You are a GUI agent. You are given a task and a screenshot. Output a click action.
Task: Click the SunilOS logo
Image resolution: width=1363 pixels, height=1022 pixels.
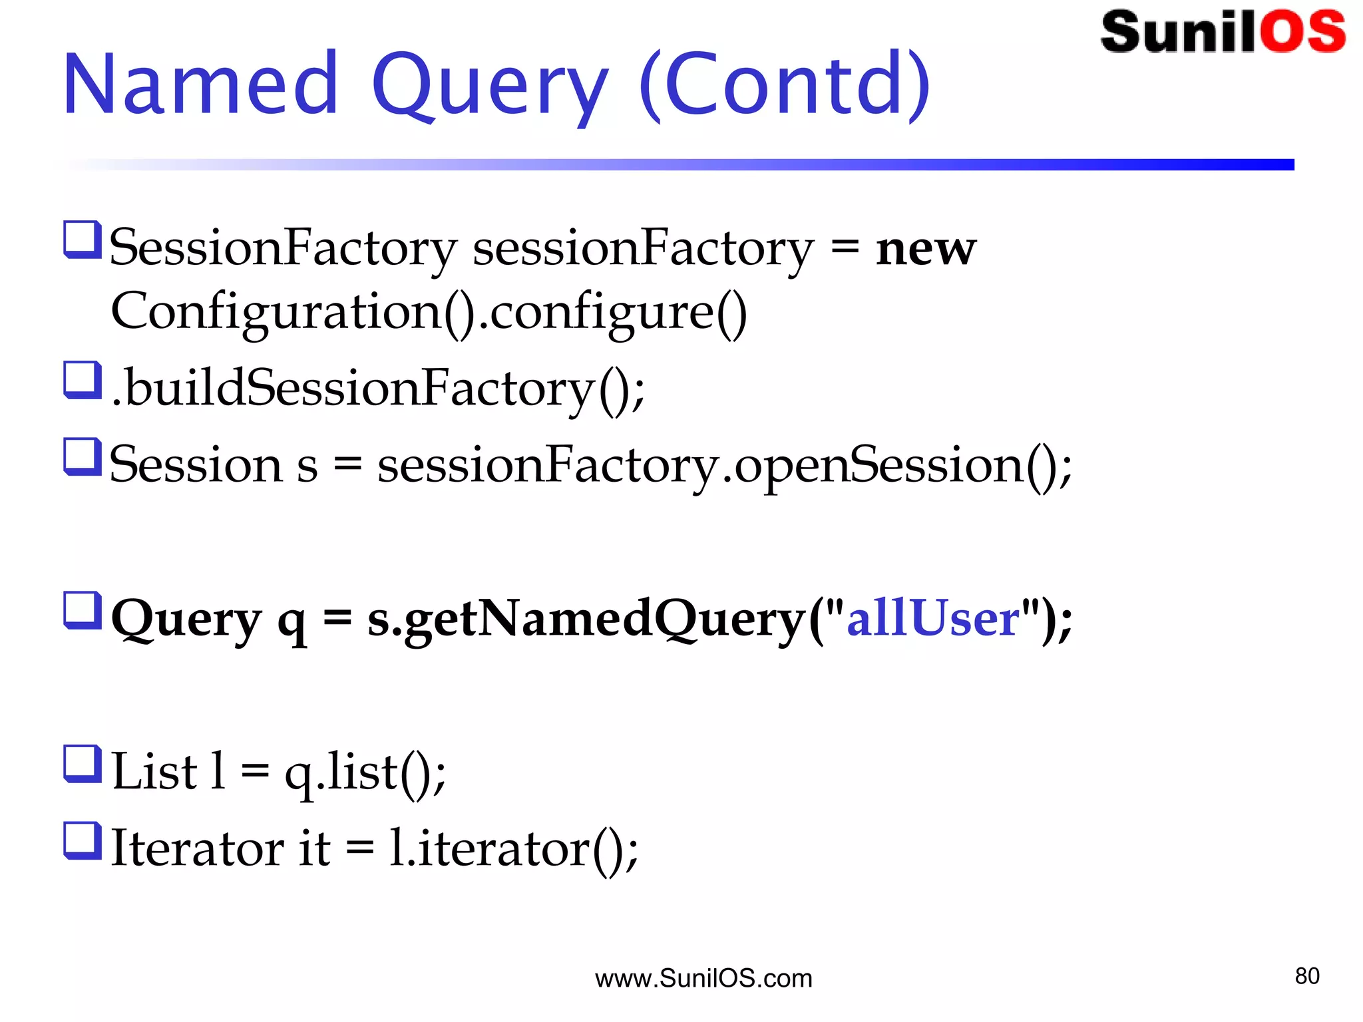(1223, 32)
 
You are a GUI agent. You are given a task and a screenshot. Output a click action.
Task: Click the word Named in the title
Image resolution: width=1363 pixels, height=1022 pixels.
(201, 85)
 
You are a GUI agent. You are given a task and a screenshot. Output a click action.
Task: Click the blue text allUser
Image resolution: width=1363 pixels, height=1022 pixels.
(932, 619)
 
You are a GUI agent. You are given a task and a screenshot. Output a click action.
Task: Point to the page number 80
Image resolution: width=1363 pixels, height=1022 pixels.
(1306, 976)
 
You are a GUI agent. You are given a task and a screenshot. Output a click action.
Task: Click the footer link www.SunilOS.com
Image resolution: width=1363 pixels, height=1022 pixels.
(703, 979)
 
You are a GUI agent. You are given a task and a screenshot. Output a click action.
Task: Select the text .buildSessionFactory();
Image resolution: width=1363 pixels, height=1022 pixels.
(378, 389)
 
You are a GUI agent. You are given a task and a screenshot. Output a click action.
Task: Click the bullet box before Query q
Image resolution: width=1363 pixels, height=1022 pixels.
(83, 610)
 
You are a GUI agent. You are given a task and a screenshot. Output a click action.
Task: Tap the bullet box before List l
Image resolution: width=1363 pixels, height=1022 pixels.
(83, 763)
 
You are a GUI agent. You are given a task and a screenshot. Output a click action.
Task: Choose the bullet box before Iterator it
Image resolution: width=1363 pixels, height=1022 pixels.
(83, 840)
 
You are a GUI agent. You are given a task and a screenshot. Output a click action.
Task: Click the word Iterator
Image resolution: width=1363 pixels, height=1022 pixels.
(197, 848)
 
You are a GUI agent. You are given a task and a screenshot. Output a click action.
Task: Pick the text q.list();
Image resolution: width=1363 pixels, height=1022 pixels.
(365, 772)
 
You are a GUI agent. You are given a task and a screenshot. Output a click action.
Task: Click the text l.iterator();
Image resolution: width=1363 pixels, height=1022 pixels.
(512, 848)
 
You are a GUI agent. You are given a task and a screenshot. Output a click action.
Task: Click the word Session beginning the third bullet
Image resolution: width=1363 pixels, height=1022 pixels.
(196, 465)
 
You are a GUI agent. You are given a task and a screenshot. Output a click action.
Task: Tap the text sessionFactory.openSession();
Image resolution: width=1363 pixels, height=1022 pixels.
(724, 465)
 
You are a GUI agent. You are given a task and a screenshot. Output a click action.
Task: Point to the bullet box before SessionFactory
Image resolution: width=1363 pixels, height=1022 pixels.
(83, 240)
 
